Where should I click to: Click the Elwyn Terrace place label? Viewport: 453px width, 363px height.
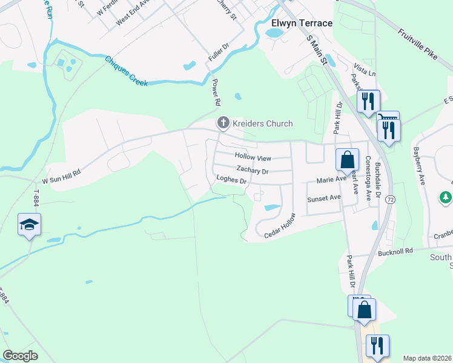[x=302, y=23]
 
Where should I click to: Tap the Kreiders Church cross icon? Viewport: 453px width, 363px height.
[x=223, y=123]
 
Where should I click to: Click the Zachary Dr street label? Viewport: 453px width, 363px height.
[x=252, y=171]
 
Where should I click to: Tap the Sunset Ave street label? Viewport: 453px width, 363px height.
[x=323, y=198]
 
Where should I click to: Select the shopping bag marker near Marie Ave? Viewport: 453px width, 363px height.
[x=347, y=160]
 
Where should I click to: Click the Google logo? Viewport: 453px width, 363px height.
[x=20, y=356]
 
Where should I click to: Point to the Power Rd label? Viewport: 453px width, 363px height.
[x=215, y=91]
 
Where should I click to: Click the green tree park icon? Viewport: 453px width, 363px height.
[x=446, y=197]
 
